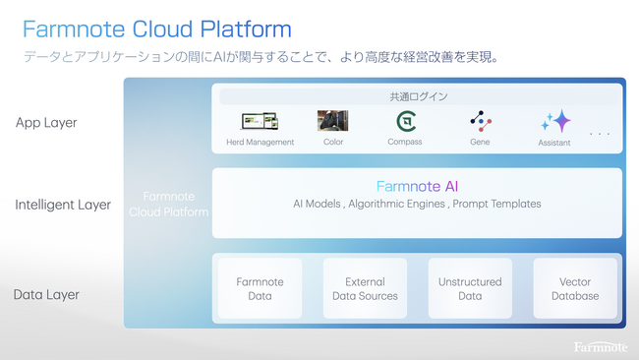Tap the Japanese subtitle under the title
[x=261, y=57]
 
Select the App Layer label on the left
[x=46, y=123]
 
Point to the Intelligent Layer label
[x=63, y=205]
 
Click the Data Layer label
[x=46, y=294]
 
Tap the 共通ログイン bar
[x=418, y=96]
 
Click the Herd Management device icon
[x=260, y=121]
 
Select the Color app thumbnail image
[x=332, y=120]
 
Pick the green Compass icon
[x=404, y=121]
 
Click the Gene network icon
[x=480, y=121]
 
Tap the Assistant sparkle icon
[x=555, y=121]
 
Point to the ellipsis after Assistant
[x=600, y=133]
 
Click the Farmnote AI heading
[x=417, y=186]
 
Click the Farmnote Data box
[x=260, y=288]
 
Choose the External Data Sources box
[x=365, y=288]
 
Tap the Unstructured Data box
[x=470, y=288]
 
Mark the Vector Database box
[x=575, y=288]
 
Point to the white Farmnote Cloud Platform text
[x=169, y=204]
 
